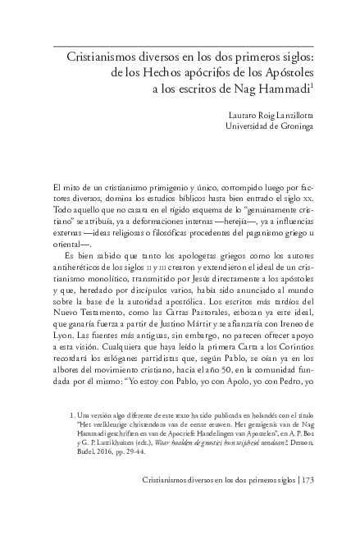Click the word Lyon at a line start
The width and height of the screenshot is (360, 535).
(62, 337)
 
